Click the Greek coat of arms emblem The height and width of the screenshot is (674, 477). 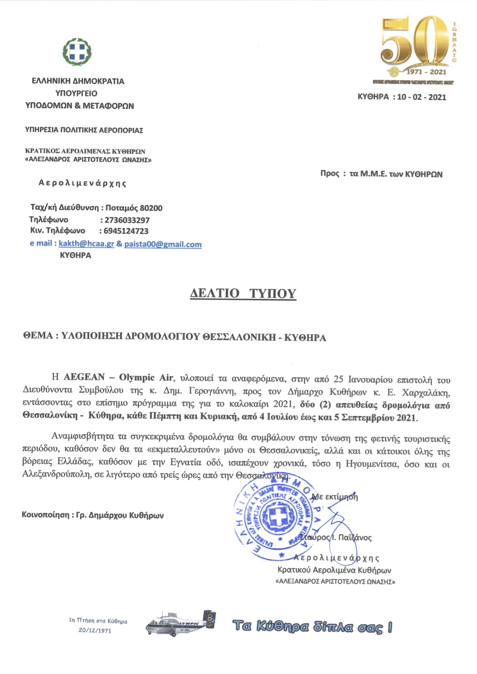coord(77,52)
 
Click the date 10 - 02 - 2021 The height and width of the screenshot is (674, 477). coord(421,97)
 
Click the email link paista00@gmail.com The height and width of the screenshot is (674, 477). coord(163,244)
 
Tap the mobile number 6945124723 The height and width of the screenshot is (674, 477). coord(126,231)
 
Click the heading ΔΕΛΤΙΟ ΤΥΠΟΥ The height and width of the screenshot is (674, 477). coord(243,293)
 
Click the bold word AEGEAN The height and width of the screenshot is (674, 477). coord(84,377)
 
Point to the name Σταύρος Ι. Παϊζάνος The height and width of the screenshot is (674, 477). coord(336,537)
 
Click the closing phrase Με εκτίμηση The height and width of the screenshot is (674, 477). coord(335,497)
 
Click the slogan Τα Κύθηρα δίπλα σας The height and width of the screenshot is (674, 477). coord(312,626)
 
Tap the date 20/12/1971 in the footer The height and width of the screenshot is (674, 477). coord(95,630)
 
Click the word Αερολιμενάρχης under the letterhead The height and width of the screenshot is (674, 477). coord(83,183)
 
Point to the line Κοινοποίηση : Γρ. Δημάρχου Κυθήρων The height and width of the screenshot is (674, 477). coord(93,515)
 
